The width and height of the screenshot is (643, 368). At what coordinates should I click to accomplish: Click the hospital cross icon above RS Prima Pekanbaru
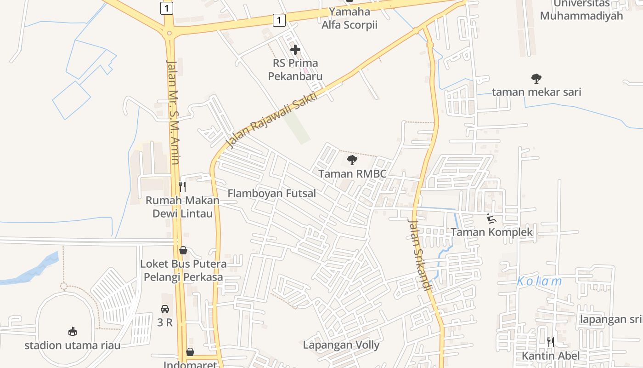(x=295, y=49)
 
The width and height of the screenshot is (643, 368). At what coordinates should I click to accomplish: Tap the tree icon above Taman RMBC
(x=352, y=160)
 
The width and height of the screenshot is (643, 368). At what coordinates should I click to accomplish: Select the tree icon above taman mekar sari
(x=536, y=79)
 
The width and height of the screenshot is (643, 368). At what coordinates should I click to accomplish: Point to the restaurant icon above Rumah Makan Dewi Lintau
(x=182, y=187)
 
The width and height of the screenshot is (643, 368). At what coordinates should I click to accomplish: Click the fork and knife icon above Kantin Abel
(x=550, y=342)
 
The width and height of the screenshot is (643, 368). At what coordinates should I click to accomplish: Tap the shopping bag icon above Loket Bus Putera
(x=183, y=250)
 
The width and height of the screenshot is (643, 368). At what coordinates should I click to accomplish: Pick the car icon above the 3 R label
(x=165, y=309)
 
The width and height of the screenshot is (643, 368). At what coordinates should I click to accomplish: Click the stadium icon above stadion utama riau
(x=72, y=331)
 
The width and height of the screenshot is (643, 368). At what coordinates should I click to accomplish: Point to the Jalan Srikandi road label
(x=420, y=255)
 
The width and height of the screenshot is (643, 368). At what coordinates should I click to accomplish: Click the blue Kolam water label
(x=539, y=282)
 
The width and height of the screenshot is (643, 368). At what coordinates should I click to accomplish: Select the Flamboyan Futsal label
(x=272, y=193)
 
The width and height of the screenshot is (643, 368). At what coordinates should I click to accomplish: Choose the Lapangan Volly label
(x=341, y=345)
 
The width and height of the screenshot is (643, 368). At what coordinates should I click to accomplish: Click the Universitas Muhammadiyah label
(x=581, y=10)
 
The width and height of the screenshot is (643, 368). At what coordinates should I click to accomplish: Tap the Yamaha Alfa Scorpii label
(x=350, y=18)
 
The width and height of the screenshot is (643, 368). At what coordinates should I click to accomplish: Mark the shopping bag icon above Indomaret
(x=190, y=352)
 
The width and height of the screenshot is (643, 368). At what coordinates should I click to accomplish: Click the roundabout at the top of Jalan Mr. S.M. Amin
(x=169, y=33)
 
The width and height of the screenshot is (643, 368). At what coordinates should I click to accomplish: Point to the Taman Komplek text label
(x=491, y=232)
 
